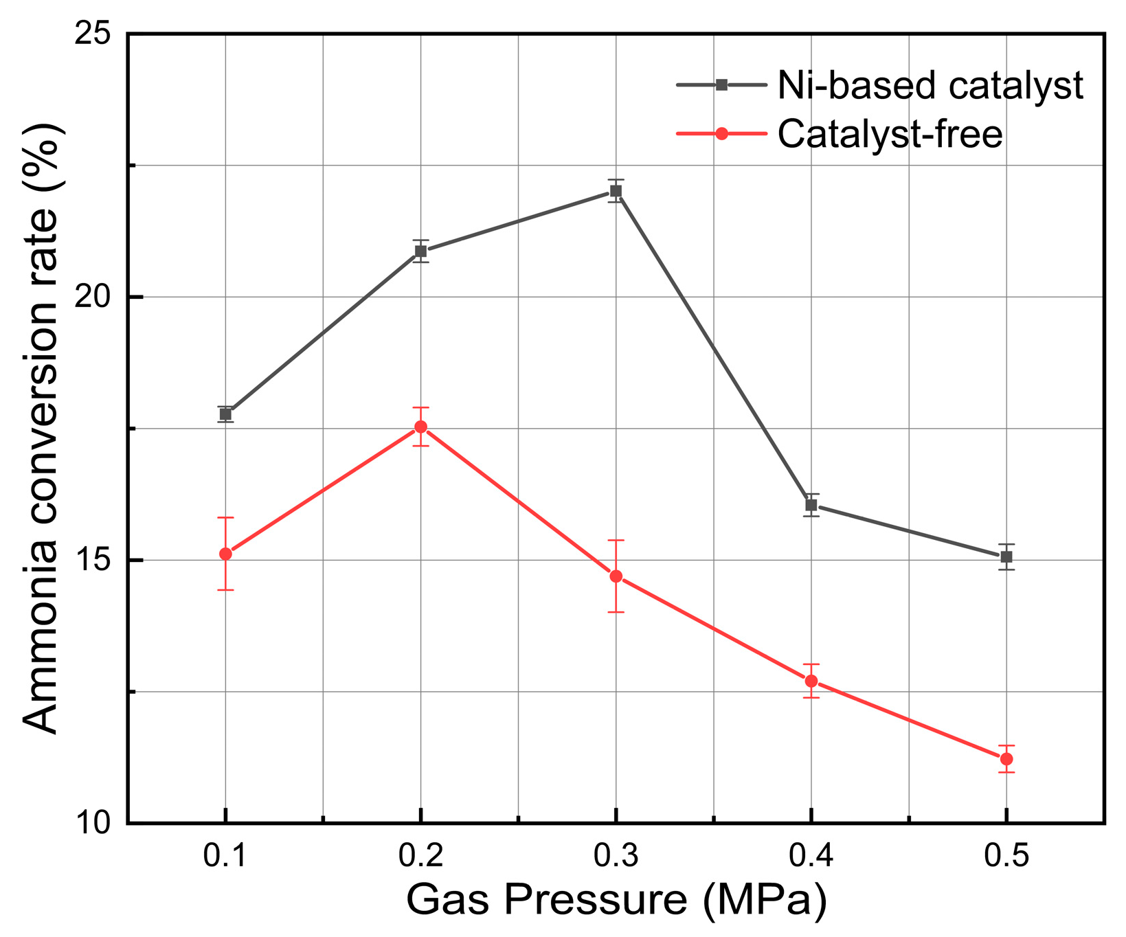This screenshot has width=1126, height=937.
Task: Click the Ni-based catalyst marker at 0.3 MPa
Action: (616, 191)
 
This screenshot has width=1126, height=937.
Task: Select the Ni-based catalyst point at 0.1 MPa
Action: (225, 414)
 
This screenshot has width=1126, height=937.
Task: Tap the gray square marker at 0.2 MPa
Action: (420, 251)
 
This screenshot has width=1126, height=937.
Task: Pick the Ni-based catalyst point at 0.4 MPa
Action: (811, 505)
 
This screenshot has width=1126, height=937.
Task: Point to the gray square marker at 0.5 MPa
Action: (1006, 556)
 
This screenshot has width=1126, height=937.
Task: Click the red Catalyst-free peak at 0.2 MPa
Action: (420, 427)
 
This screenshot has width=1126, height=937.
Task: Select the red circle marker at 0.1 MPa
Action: (225, 554)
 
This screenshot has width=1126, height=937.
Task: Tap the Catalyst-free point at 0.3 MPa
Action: (616, 576)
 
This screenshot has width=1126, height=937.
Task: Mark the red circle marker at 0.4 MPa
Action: (811, 681)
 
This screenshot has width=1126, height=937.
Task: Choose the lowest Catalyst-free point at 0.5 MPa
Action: (1006, 758)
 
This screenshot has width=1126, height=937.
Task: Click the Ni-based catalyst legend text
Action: (930, 86)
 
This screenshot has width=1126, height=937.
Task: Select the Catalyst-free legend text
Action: (890, 134)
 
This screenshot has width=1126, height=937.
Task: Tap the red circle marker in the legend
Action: (721, 134)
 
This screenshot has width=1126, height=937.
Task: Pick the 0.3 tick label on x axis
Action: (616, 857)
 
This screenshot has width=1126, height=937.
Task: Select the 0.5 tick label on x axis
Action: (1006, 857)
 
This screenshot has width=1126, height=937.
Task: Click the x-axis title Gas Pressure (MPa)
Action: (616, 900)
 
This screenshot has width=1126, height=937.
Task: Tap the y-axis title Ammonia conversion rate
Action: (43, 427)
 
